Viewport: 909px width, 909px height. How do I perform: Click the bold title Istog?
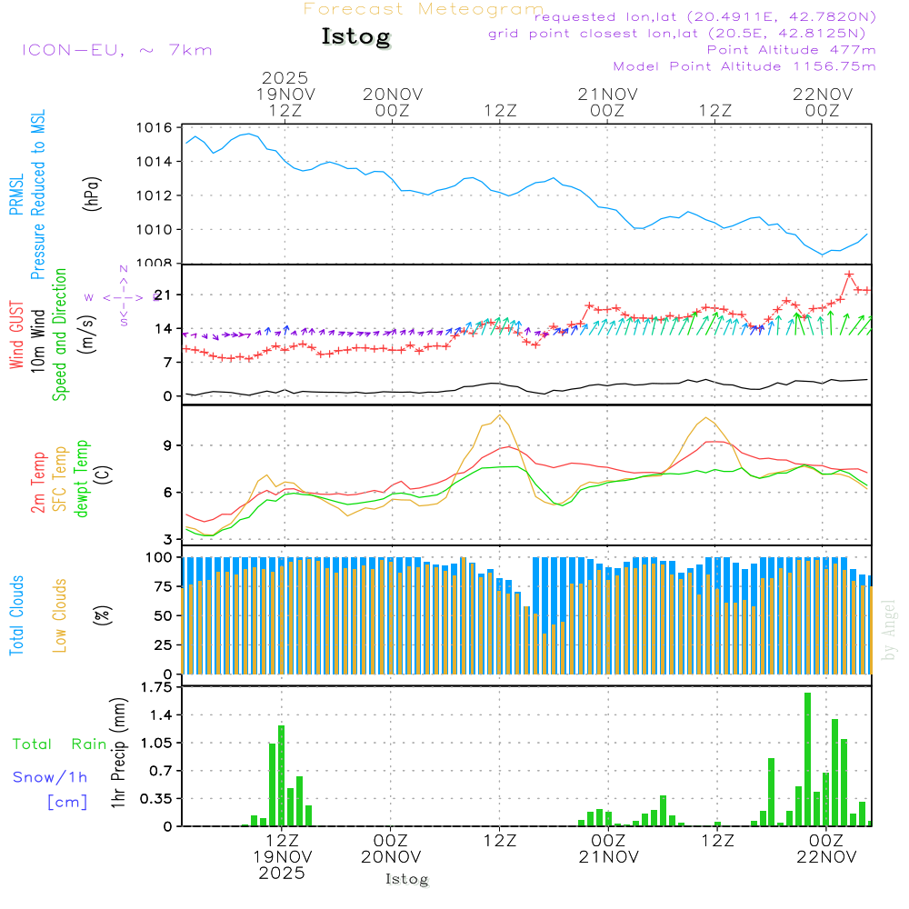pos(355,37)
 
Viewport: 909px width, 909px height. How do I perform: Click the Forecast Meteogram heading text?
pos(424,9)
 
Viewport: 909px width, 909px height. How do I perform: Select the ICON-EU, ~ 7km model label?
pos(116,49)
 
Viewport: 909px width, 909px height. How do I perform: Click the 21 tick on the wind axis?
pos(162,295)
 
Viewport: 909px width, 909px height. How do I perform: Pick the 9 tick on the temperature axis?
pos(167,445)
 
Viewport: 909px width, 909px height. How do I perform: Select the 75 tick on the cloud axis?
pos(162,586)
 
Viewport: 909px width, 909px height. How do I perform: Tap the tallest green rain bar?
pos(807,759)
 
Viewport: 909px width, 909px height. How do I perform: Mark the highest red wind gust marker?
pos(849,275)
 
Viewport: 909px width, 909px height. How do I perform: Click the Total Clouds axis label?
pos(17,615)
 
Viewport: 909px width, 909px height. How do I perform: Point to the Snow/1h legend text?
pos(50,777)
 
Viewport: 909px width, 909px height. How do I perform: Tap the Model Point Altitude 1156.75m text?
pos(744,66)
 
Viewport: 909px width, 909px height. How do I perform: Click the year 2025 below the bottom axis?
pos(282,873)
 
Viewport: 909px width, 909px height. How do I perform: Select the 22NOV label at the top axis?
pos(823,94)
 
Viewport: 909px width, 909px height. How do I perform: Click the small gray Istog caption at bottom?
pos(406,879)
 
